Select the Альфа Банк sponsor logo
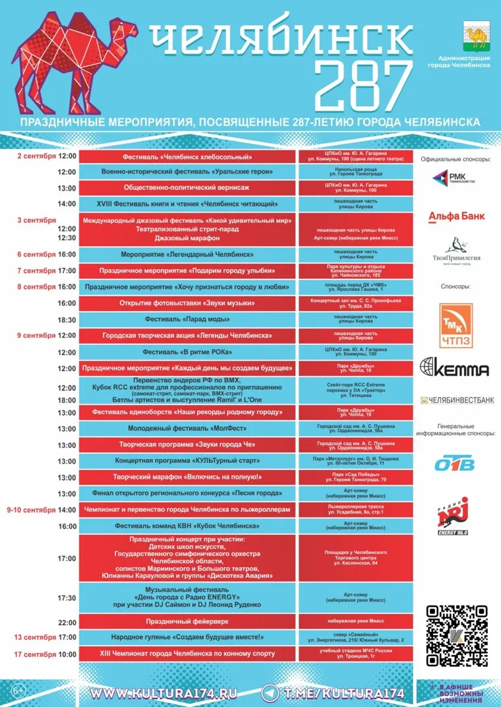(x=456, y=215)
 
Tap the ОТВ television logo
(x=454, y=464)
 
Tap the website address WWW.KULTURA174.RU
(x=163, y=693)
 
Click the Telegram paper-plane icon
(x=270, y=693)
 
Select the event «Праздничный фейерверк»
(x=188, y=622)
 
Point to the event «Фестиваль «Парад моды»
(x=188, y=319)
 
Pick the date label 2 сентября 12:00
(x=47, y=156)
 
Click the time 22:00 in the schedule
(x=67, y=622)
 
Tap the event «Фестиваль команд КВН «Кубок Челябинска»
(x=188, y=526)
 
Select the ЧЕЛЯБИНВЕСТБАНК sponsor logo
(x=460, y=400)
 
